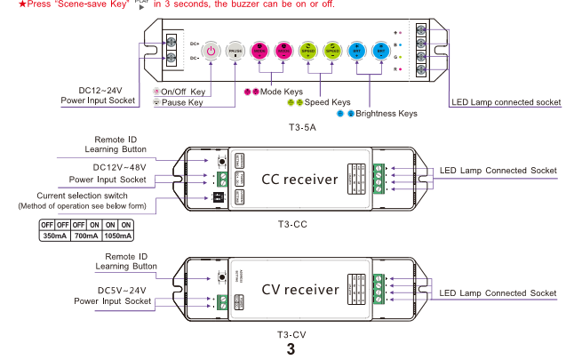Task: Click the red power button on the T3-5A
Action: (x=210, y=52)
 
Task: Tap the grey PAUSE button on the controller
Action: (x=235, y=52)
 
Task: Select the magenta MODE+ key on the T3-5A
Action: (x=259, y=52)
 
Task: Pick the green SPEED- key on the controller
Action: (x=332, y=52)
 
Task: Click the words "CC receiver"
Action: (x=299, y=180)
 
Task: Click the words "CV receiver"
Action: (x=299, y=290)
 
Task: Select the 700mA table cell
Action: (x=86, y=236)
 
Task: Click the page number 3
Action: (x=291, y=349)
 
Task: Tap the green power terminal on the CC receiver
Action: (x=220, y=179)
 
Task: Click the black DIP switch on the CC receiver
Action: (x=220, y=198)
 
